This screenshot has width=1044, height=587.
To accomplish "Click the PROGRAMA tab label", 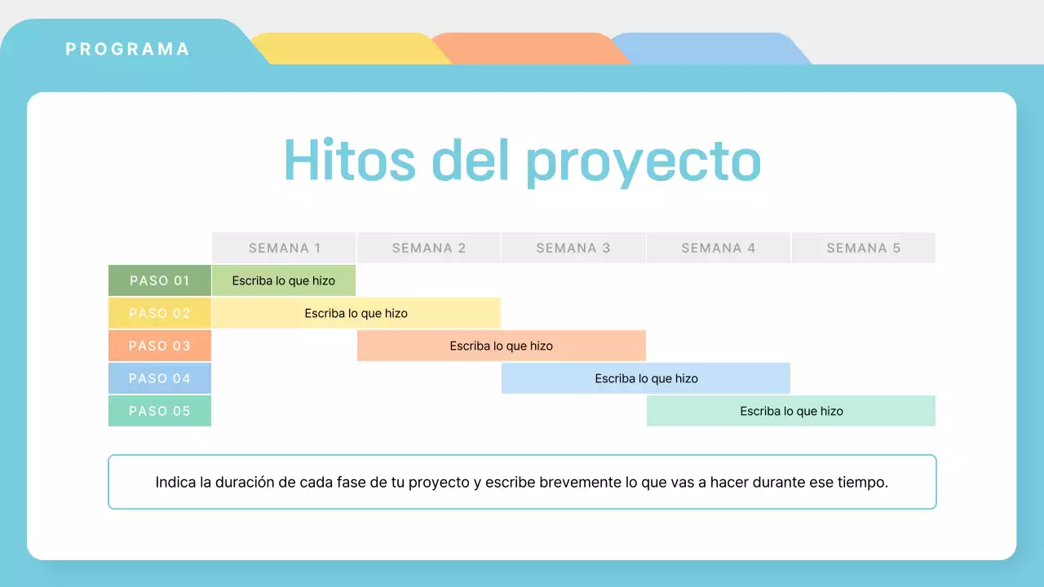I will (x=127, y=49).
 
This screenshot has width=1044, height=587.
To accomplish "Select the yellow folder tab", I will (x=351, y=49).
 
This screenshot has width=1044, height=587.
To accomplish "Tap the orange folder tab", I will (x=530, y=49).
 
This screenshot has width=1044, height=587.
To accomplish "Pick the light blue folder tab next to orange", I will (x=710, y=49).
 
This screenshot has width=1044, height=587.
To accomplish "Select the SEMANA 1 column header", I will (x=284, y=248).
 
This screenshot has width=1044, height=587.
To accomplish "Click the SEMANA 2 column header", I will (x=428, y=248).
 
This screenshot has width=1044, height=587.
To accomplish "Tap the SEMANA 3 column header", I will (x=573, y=248).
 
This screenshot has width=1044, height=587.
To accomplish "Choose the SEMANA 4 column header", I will (x=718, y=248).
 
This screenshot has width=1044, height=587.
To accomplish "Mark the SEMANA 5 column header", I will (x=863, y=248).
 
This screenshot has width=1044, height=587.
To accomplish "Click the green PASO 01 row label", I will (x=160, y=280).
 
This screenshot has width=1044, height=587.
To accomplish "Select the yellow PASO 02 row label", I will (x=160, y=313).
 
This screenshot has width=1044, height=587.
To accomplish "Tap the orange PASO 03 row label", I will (x=160, y=346).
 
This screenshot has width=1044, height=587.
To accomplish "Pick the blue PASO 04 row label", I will (x=160, y=378).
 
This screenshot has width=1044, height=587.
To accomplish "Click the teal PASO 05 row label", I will (x=160, y=411).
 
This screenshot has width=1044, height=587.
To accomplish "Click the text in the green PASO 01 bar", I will (x=283, y=280).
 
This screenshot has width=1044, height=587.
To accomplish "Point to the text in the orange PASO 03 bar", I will (x=501, y=346).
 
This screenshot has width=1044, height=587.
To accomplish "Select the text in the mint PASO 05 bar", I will (x=791, y=411).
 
